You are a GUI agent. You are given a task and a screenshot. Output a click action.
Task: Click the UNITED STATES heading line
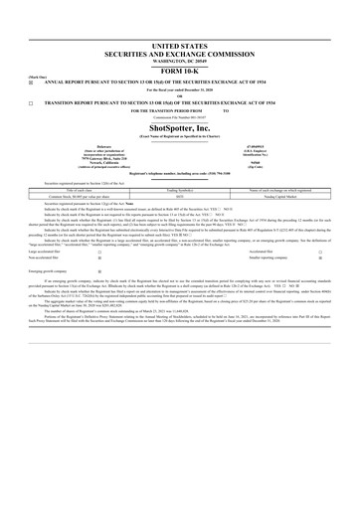click(x=180, y=47)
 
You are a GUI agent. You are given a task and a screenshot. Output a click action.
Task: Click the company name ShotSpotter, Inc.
click(x=180, y=127)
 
